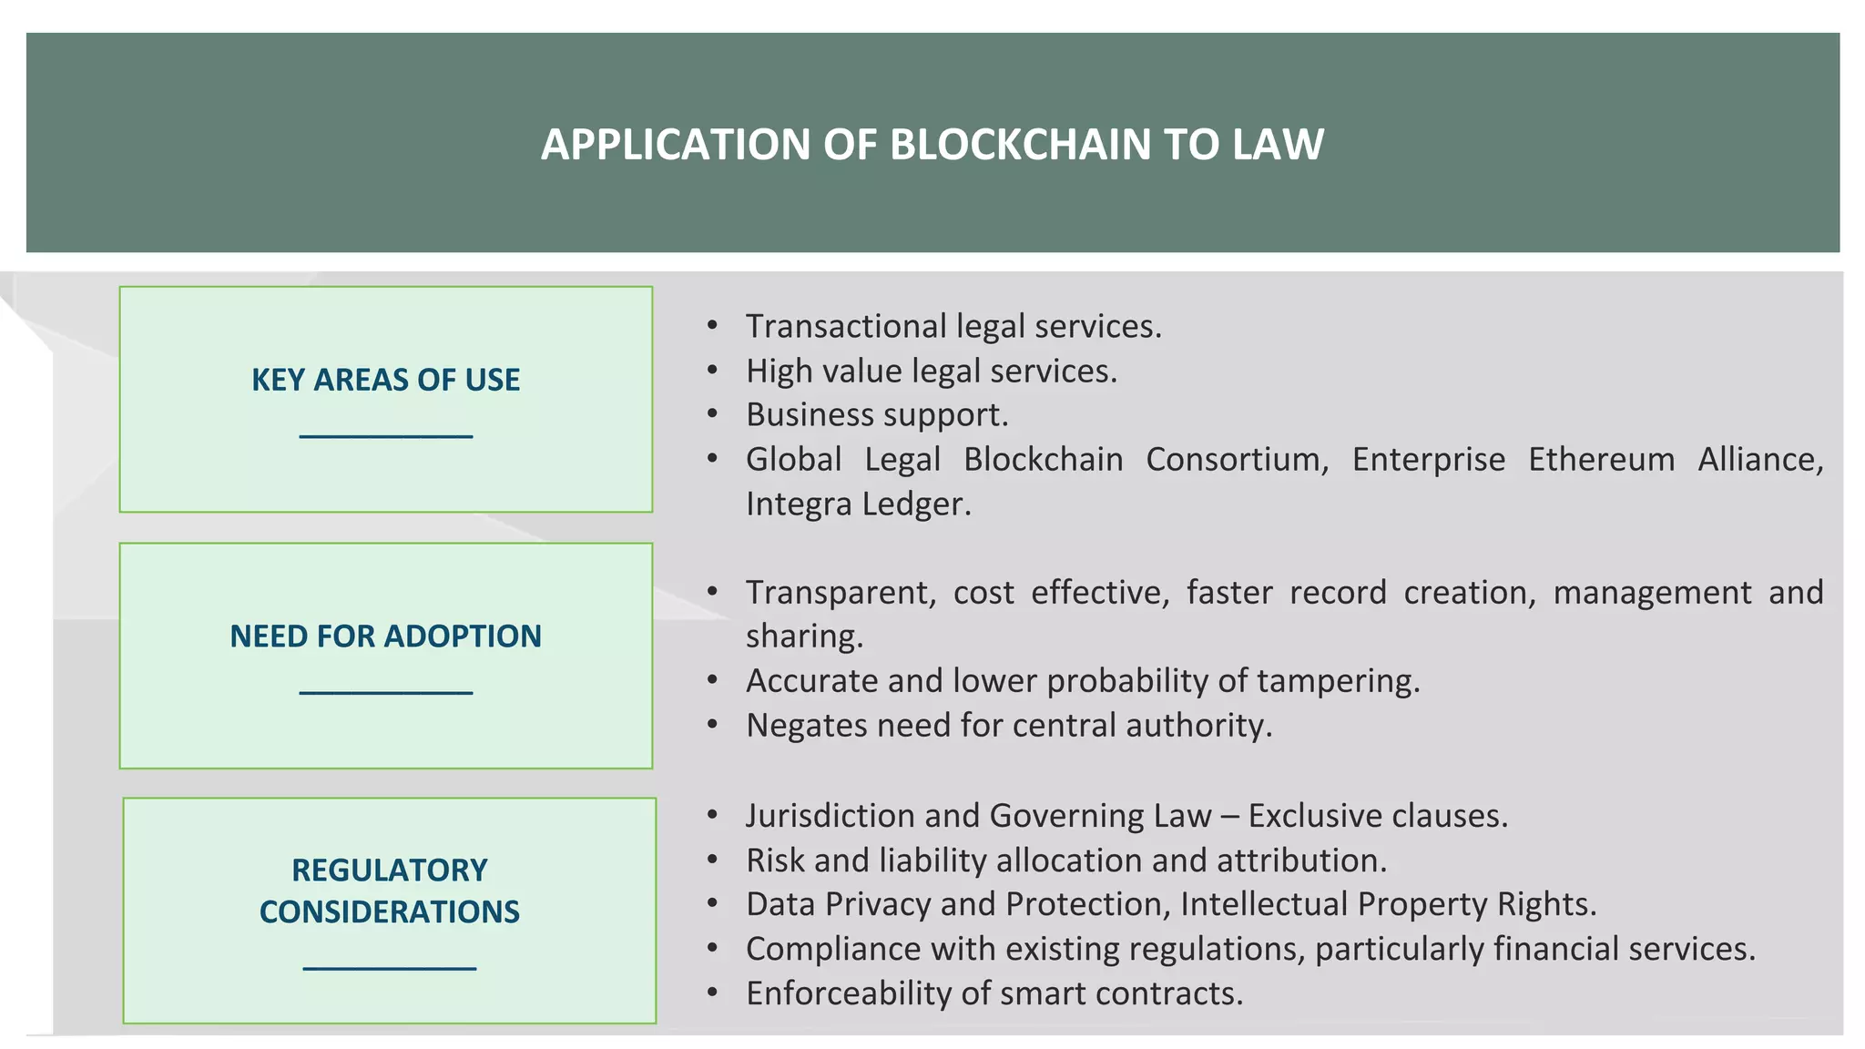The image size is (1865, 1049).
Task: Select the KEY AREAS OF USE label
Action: coord(385,380)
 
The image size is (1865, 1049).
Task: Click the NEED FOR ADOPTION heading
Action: coord(385,636)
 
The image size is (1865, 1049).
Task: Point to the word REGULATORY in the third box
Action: coord(389,870)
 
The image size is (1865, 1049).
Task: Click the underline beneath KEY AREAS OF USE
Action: coord(385,437)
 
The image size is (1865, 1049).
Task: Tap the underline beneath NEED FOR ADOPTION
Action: coord(385,694)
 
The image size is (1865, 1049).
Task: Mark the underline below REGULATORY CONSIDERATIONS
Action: coord(389,968)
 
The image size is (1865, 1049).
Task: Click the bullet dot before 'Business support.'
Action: coord(712,415)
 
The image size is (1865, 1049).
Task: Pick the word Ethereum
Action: coord(1601,460)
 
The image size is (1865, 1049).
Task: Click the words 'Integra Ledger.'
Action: coord(858,504)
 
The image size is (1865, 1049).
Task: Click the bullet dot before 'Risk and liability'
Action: coord(712,861)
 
